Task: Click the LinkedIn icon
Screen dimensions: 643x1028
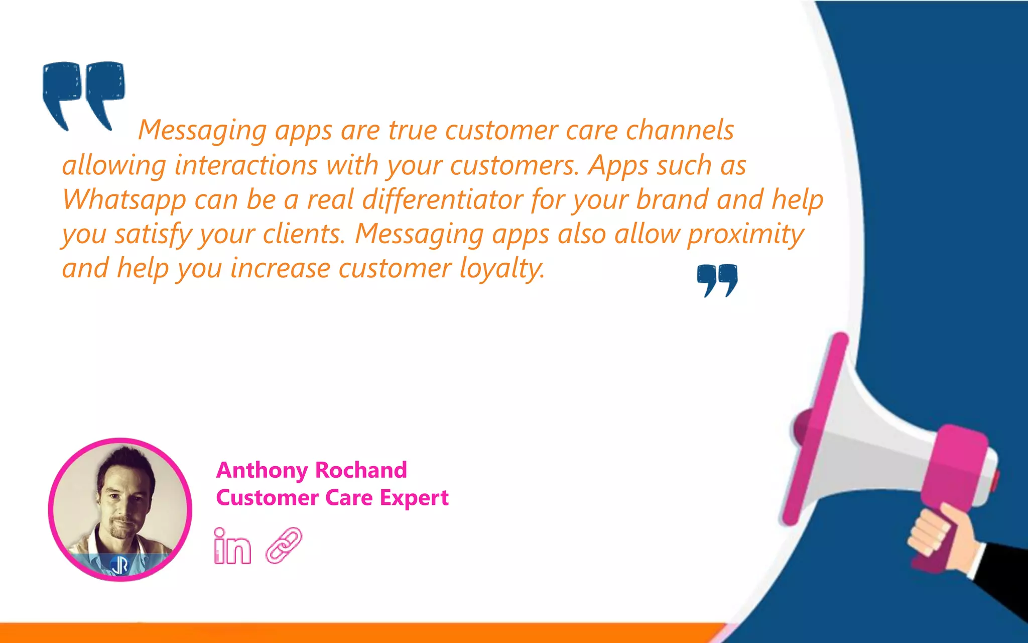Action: [x=232, y=547]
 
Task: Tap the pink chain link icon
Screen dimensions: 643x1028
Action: [x=284, y=546]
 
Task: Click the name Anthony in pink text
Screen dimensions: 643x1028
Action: [x=262, y=471]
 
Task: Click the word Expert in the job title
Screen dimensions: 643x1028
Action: [x=414, y=498]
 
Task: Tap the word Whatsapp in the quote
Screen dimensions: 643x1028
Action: [x=124, y=200]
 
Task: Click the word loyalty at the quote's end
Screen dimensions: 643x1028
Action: [x=502, y=269]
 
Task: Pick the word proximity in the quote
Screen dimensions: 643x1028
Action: [x=745, y=234]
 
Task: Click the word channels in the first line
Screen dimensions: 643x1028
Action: [x=680, y=131]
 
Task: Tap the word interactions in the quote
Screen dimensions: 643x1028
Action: [x=246, y=165]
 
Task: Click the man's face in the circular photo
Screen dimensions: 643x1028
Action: [x=123, y=497]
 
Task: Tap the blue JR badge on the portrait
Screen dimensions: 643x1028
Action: [x=119, y=566]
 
